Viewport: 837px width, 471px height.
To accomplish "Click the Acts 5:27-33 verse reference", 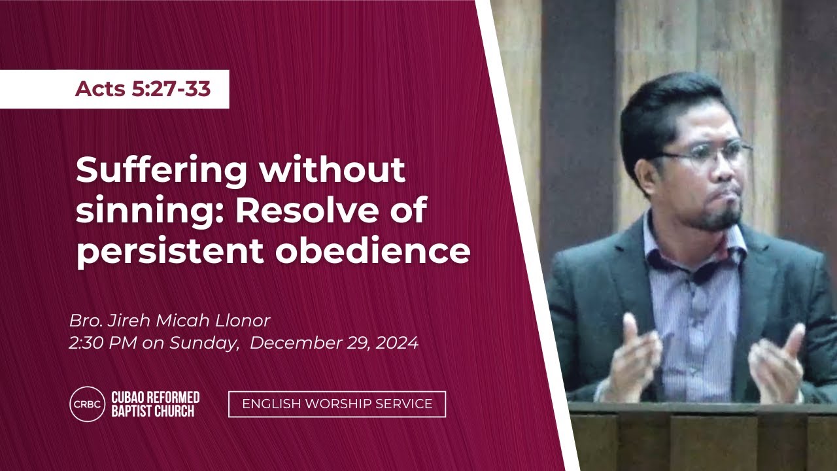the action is click(143, 89).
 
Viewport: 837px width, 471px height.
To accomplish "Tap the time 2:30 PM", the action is click(103, 343).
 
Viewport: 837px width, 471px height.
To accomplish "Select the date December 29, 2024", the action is click(334, 343).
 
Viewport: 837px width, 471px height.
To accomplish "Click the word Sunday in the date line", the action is click(204, 343).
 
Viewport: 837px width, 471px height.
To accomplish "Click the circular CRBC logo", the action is click(88, 404).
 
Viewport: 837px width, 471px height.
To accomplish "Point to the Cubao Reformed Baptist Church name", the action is click(156, 404).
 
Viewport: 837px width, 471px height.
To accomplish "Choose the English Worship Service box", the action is click(337, 404).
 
